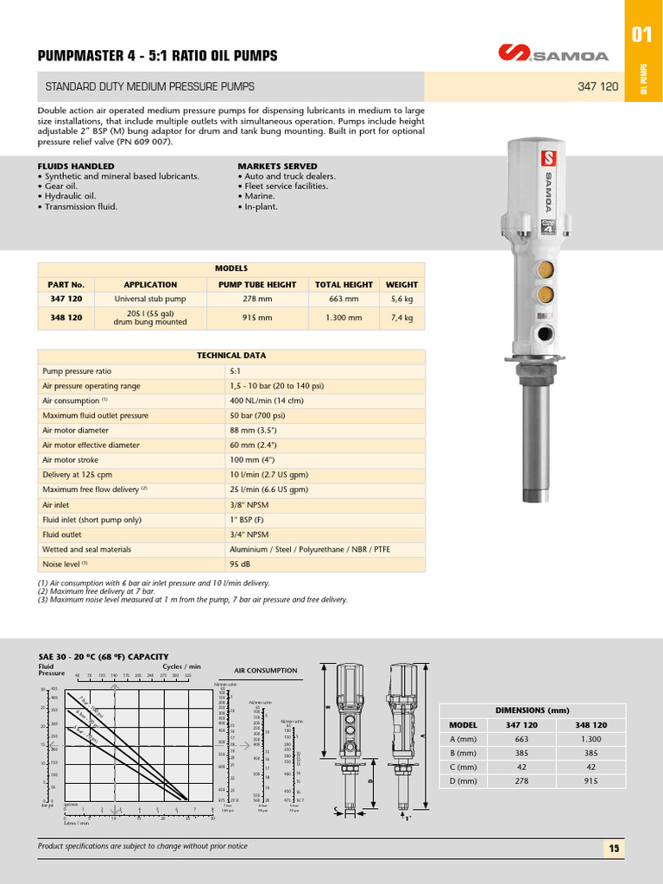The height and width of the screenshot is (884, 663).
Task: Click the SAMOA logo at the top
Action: (x=553, y=54)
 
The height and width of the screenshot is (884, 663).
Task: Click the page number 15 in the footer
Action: (x=614, y=849)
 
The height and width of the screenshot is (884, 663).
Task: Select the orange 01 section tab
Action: (x=641, y=35)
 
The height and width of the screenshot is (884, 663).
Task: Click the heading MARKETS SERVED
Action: (x=277, y=166)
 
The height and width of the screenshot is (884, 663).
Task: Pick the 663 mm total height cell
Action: (x=344, y=300)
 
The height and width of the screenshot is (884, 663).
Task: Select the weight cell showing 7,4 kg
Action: (x=401, y=318)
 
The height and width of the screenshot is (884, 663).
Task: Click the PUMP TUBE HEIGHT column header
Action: (x=257, y=284)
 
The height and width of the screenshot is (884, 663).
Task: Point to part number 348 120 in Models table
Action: (x=66, y=318)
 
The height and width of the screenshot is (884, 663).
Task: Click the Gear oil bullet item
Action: (x=60, y=186)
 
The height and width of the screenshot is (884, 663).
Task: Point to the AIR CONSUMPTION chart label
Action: (x=266, y=670)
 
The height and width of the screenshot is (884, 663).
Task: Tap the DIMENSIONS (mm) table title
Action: (x=532, y=710)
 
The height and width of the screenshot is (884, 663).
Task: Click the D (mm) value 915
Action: (x=590, y=781)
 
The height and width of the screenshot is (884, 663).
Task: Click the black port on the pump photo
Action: (x=545, y=332)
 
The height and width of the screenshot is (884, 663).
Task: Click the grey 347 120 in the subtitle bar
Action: (x=597, y=86)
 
